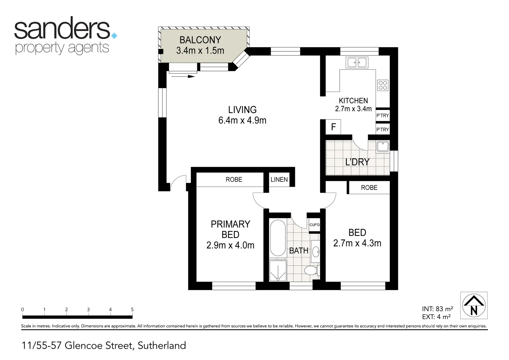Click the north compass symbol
[474, 305]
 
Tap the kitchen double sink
[357, 62]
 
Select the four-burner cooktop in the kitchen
[383, 85]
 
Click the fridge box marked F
[333, 127]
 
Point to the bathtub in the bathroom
[278, 238]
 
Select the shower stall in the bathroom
[278, 270]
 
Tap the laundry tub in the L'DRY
[382, 146]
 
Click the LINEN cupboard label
[279, 180]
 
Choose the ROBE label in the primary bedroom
[234, 180]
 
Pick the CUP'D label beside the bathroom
[314, 225]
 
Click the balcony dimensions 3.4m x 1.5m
[200, 51]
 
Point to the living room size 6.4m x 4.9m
[242, 120]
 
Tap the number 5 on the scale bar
[132, 310]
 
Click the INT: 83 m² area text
[437, 309]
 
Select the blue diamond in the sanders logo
[114, 36]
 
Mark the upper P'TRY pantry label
[382, 116]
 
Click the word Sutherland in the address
[162, 345]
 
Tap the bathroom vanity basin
[315, 252]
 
